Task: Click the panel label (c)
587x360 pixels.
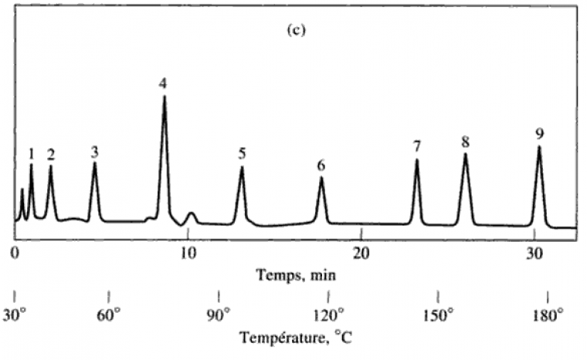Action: point(295,34)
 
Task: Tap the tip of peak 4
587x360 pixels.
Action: point(164,97)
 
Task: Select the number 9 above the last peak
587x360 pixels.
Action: point(538,133)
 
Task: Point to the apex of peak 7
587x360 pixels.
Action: point(416,160)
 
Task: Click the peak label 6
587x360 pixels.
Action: point(321,165)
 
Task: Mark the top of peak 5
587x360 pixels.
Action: point(242,168)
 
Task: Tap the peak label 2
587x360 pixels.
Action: point(51,153)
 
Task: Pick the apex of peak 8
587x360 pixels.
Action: point(465,155)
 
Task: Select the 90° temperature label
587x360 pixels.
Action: point(219,315)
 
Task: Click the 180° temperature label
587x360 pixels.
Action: point(547,315)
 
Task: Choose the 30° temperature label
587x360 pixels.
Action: point(16,315)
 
